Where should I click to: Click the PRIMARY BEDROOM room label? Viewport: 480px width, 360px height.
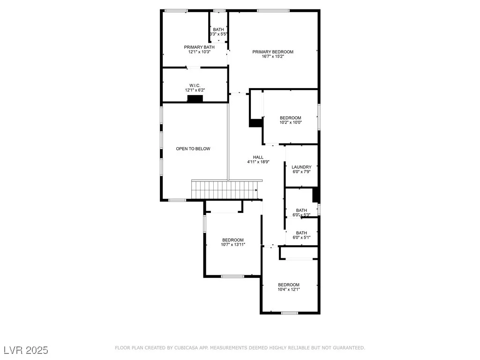273,52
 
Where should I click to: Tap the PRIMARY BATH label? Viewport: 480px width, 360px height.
199,47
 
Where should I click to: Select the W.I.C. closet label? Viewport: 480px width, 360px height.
195,85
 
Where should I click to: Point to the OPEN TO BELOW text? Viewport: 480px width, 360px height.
193,149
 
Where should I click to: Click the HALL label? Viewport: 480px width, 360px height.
258,157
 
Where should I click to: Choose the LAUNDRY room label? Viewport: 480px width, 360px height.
301,167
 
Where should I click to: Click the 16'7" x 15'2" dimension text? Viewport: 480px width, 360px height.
273,56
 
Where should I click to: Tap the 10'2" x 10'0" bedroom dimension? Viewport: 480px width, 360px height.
291,122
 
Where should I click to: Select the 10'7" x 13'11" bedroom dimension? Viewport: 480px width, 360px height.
233,245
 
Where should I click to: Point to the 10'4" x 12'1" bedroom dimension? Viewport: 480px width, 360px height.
289,289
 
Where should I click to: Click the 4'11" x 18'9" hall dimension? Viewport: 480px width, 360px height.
258,162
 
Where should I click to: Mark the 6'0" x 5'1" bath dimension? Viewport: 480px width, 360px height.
301,238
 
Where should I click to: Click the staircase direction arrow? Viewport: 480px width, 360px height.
256,190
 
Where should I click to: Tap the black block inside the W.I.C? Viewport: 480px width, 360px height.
195,98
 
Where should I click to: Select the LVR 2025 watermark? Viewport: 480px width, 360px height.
26,350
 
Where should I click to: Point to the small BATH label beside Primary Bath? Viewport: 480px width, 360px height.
218,30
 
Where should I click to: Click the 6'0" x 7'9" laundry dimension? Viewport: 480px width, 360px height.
301,172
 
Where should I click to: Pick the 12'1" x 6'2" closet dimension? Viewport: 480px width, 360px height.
195,90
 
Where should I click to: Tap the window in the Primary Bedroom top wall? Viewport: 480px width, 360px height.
273,11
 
